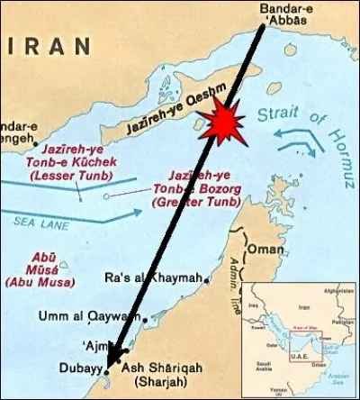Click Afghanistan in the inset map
click(x=340, y=291)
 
